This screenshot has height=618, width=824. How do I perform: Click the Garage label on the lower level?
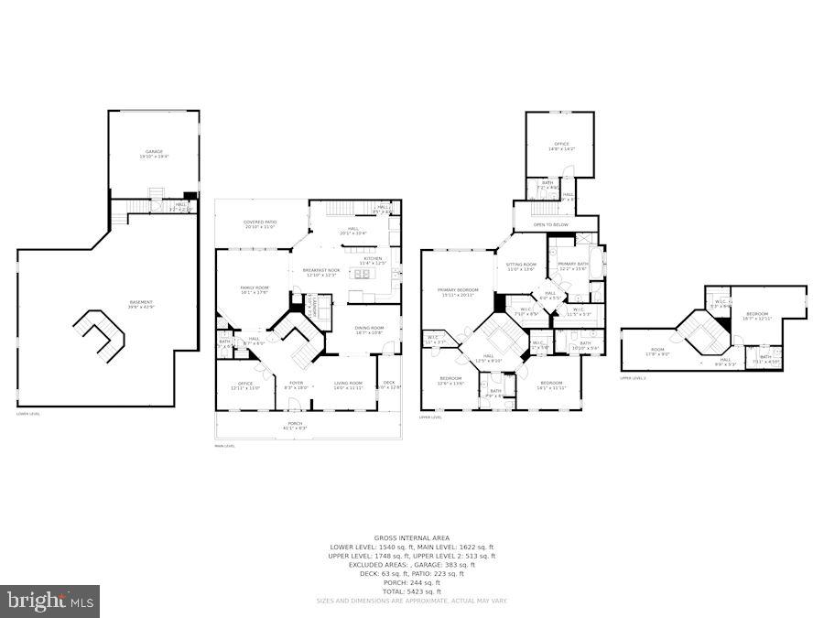153,153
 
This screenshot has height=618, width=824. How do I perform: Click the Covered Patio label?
260,224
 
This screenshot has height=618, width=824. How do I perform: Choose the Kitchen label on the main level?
373,260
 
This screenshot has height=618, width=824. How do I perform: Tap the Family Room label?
254,289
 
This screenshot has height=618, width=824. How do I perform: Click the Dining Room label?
370,331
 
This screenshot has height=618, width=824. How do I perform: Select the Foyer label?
297,385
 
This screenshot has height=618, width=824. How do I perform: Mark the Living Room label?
348,385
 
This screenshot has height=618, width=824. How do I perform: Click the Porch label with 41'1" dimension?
295,425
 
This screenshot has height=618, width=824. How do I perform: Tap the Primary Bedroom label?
458,291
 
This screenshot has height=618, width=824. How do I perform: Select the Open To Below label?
551,224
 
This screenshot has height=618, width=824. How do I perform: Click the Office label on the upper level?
560,146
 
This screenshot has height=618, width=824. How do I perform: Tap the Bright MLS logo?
50,601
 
